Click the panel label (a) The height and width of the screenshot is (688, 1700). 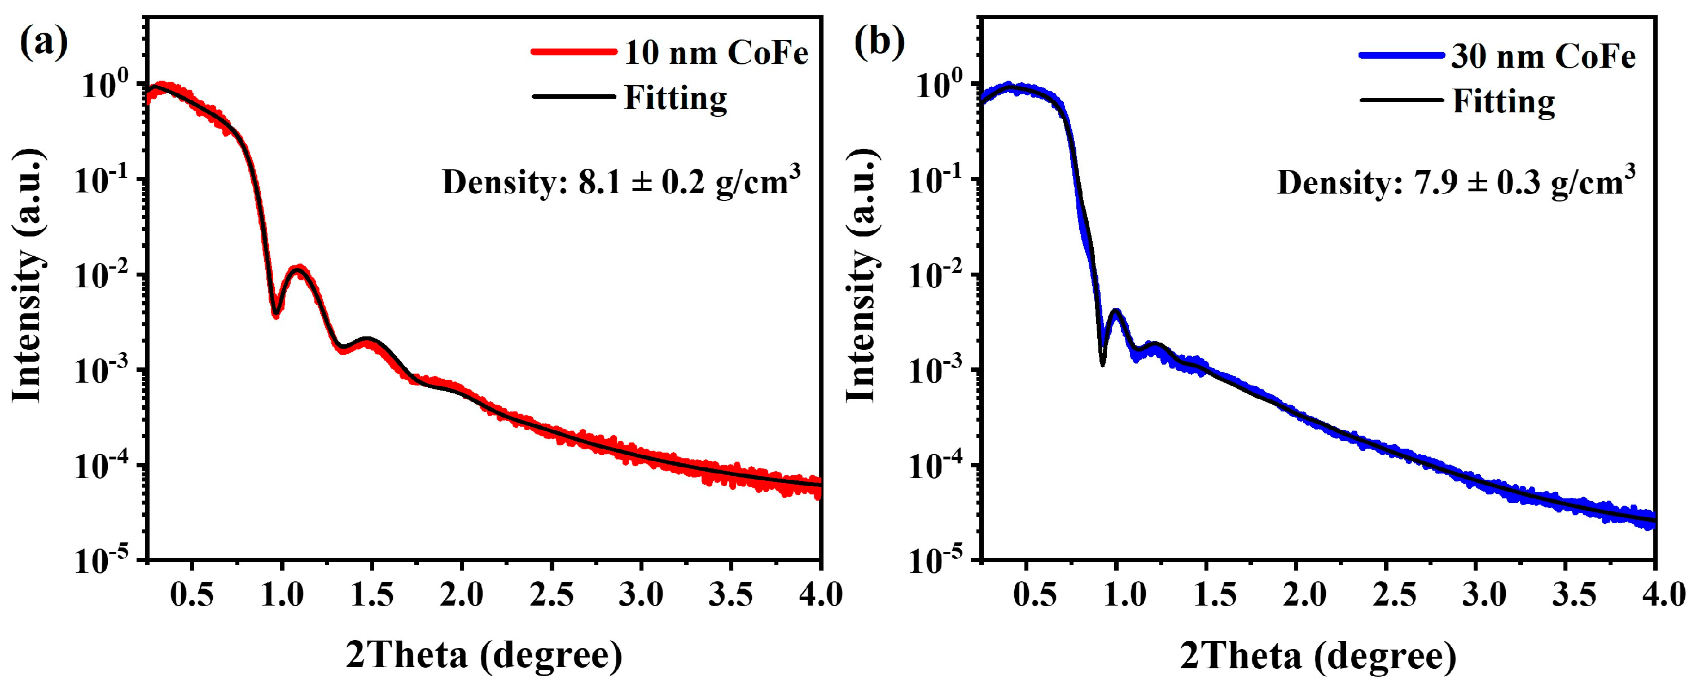[x=43, y=43]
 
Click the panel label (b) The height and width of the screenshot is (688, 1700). [x=878, y=43]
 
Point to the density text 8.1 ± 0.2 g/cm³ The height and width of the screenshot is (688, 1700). [x=621, y=181]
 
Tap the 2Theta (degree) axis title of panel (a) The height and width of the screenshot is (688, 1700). [x=484, y=655]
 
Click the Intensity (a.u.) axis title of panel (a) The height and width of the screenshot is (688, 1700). [x=28, y=276]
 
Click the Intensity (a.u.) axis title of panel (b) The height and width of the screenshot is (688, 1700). [x=862, y=276]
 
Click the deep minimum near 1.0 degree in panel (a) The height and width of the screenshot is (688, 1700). [x=275, y=313]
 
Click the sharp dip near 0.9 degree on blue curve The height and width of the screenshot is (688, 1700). [x=1102, y=361]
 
